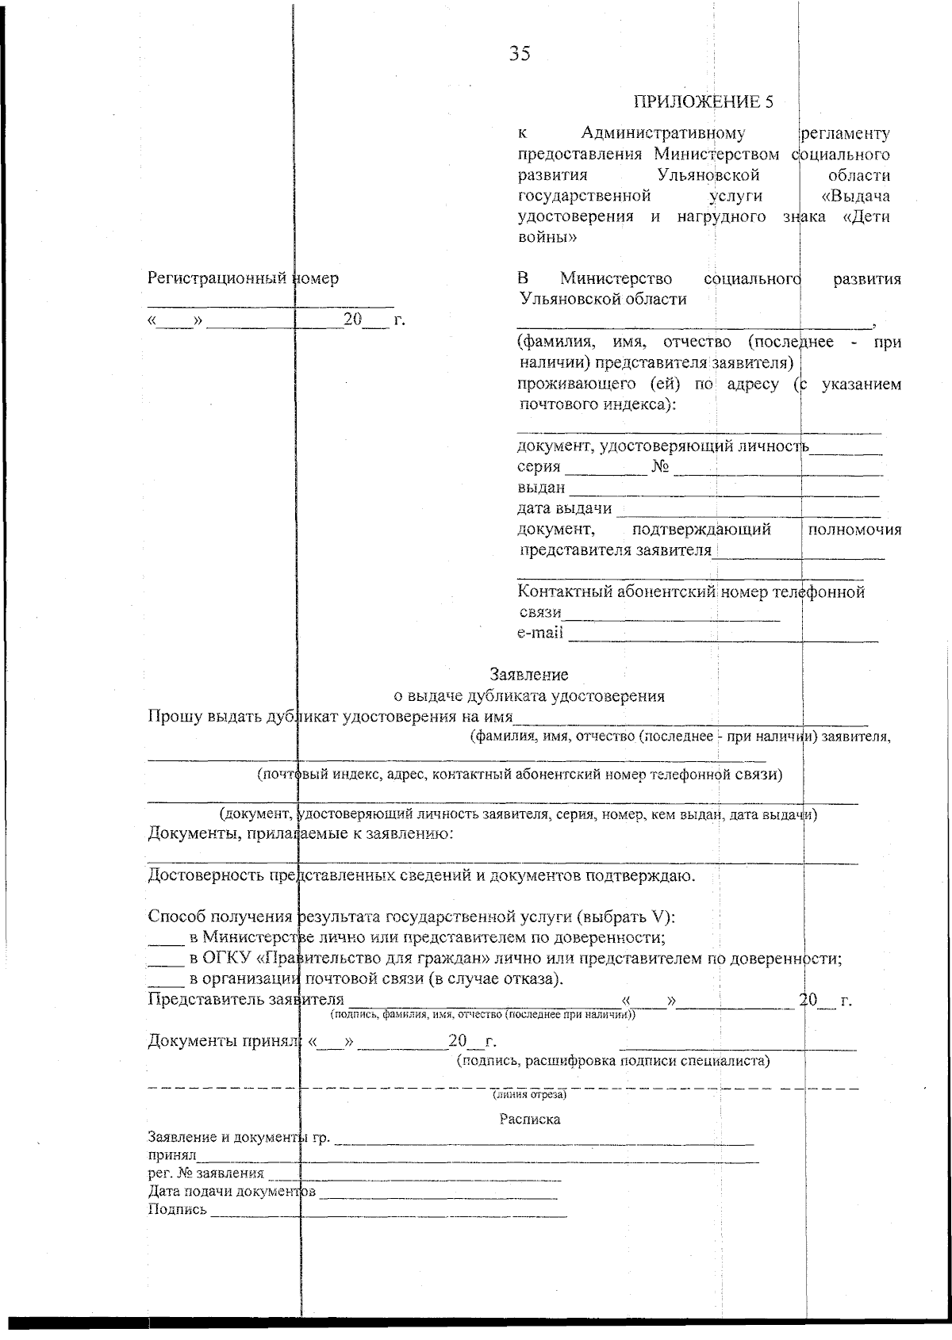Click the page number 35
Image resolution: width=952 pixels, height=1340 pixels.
(520, 54)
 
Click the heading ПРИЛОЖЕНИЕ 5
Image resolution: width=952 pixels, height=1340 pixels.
(703, 101)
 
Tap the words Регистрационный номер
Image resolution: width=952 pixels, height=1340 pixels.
(243, 278)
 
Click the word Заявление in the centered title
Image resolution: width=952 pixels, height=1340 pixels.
(529, 675)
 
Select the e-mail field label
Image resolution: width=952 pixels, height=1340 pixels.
(540, 633)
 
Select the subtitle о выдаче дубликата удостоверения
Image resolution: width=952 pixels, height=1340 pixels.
(529, 696)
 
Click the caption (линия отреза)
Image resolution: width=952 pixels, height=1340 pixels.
(529, 1095)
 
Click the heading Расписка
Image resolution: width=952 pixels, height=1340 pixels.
(529, 1120)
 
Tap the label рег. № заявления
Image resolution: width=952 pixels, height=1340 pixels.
(206, 1173)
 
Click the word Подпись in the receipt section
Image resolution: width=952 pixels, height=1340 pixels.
(178, 1209)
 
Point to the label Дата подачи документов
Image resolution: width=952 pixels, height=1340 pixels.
(232, 1192)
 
